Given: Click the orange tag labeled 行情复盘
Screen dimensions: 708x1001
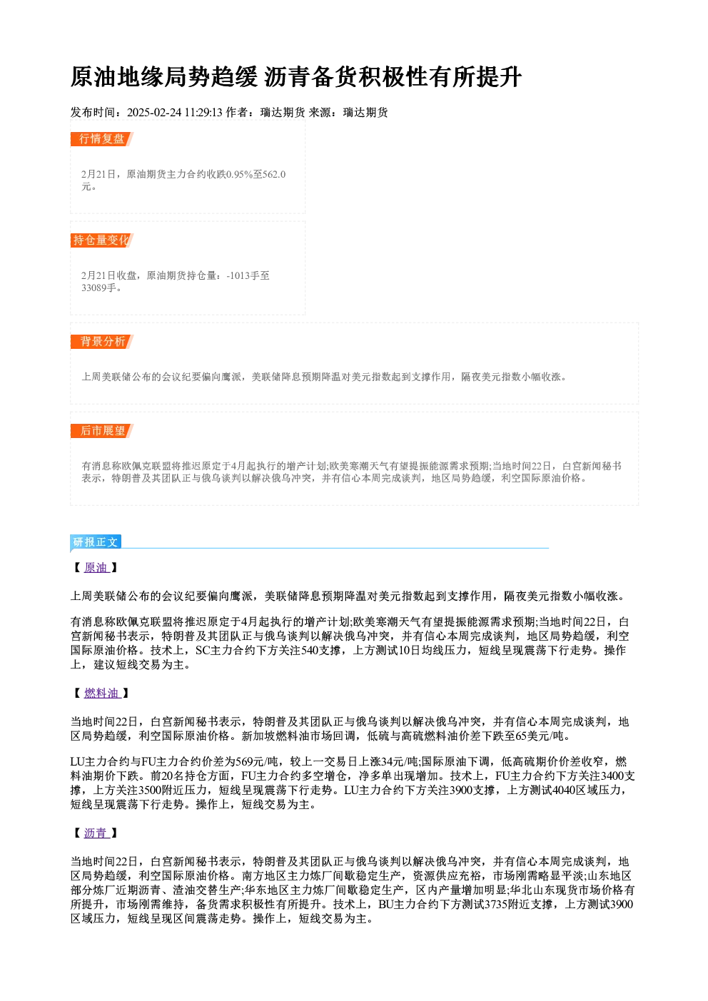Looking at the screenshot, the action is tap(102, 139).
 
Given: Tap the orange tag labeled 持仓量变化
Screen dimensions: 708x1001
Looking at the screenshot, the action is tap(102, 240).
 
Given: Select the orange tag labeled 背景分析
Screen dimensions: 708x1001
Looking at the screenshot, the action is tap(102, 342).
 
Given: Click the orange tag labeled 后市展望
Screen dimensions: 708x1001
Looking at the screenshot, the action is tap(102, 431).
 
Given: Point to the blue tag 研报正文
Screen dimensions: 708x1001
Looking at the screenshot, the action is tap(96, 542).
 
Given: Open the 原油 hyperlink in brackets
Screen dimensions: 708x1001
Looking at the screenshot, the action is tap(96, 567).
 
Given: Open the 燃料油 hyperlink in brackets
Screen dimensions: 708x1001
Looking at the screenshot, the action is tap(102, 693).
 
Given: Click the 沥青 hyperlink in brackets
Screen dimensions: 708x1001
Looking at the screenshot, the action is tap(96, 833).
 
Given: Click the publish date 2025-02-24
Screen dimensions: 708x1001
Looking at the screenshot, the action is tap(154, 113).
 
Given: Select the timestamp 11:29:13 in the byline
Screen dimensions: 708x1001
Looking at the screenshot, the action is tap(203, 113).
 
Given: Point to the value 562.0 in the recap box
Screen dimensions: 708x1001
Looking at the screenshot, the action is tap(274, 174).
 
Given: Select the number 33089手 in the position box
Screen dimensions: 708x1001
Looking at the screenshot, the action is tap(98, 288).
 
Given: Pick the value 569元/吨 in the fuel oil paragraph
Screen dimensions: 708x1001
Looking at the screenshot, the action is tap(252, 761).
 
